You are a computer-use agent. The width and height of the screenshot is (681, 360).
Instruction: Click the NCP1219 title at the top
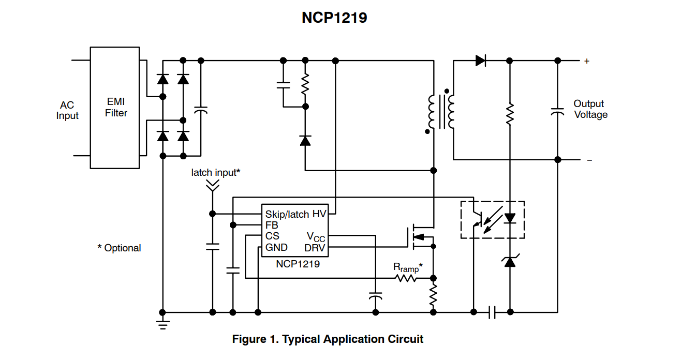334,18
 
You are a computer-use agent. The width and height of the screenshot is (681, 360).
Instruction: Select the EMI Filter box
115,108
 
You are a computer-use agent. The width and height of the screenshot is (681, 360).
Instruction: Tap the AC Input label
67,111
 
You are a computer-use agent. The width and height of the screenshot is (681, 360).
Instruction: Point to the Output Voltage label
590,109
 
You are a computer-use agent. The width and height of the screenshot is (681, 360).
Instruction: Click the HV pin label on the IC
319,214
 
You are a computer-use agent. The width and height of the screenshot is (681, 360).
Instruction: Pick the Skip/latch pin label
287,214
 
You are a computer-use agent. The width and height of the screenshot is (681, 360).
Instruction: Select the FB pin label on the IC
271,225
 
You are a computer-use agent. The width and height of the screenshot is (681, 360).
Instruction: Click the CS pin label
272,236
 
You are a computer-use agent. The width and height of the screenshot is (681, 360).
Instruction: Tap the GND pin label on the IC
276,247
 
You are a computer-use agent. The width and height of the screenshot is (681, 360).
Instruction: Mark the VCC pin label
316,236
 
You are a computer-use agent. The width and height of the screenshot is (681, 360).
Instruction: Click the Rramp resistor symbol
407,278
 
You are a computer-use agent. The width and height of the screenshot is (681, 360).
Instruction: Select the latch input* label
215,172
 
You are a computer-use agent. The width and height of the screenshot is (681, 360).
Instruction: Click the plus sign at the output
586,61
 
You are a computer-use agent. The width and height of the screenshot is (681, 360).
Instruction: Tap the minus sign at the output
589,160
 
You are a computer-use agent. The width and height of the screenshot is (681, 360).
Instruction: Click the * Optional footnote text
119,248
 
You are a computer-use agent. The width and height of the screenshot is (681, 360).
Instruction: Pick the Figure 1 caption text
328,339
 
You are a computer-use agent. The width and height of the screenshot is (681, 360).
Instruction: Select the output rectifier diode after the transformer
480,61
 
